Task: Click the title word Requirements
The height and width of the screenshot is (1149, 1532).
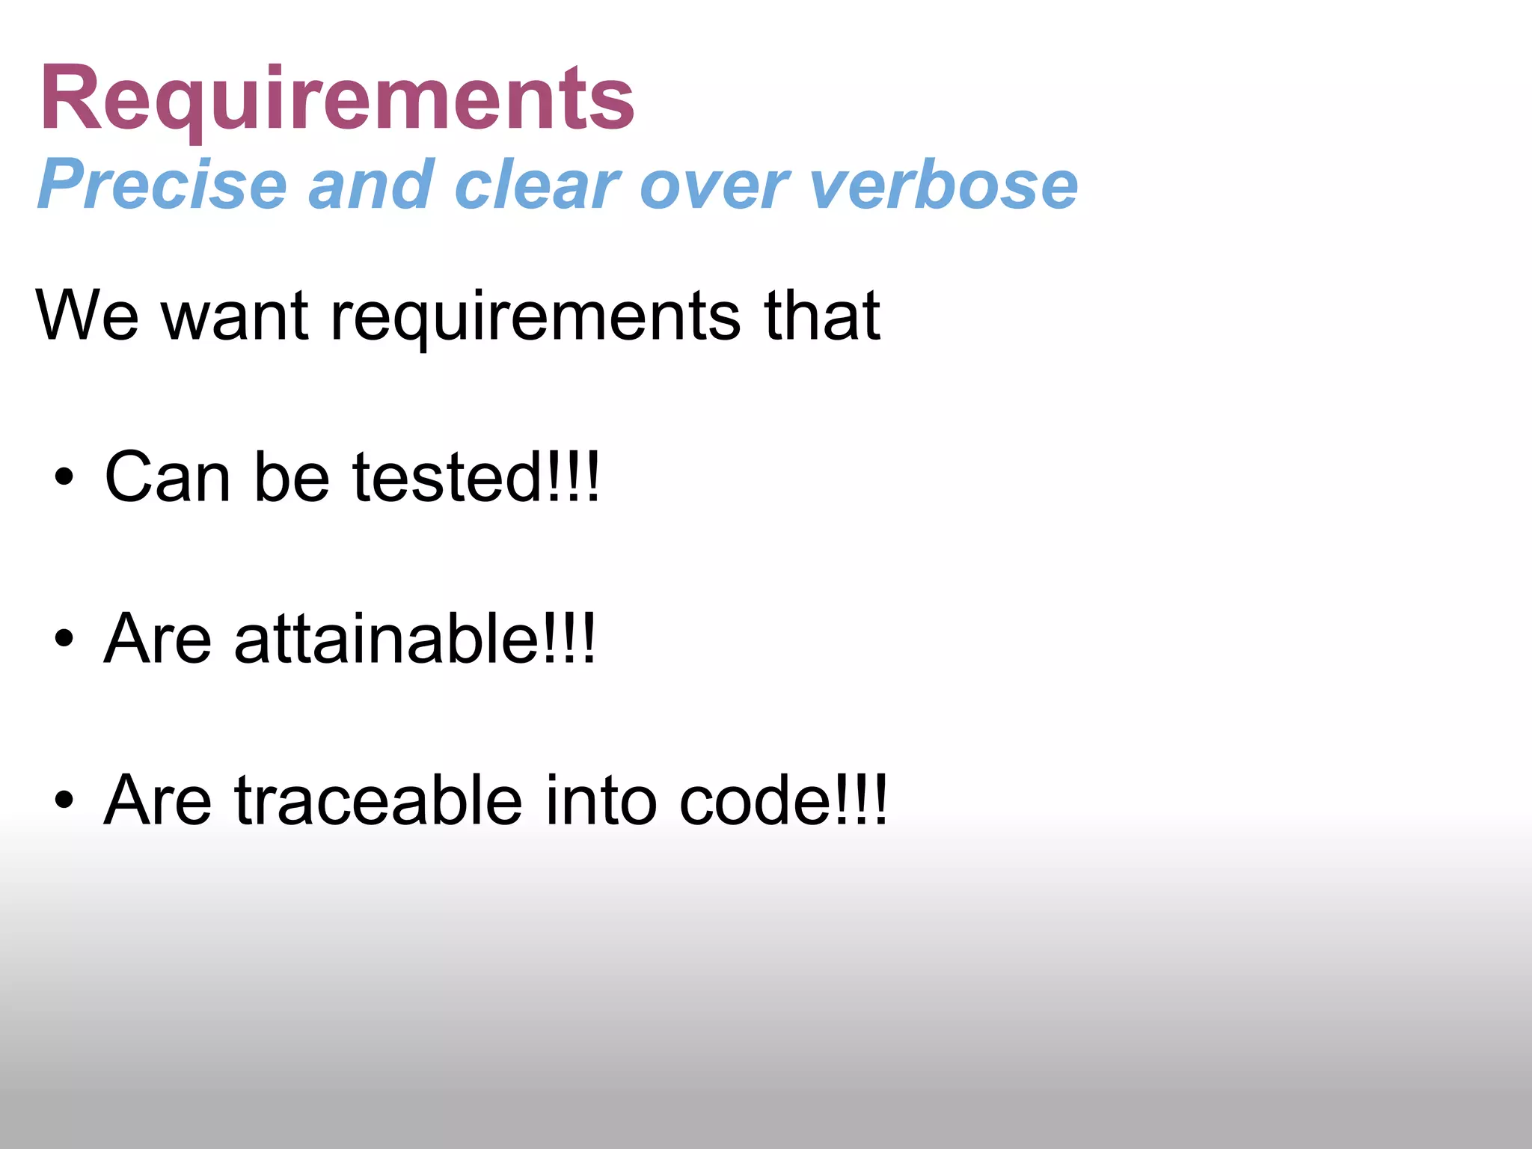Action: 337,99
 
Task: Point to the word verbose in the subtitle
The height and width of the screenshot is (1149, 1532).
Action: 943,185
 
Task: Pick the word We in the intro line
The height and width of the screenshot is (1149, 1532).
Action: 87,316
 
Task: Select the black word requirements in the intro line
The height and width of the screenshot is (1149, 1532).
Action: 536,319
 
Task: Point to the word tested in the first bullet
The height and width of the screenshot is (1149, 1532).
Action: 448,477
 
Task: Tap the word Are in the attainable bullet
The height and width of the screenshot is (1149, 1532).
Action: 158,639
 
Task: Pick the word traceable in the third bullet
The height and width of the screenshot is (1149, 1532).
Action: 379,800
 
